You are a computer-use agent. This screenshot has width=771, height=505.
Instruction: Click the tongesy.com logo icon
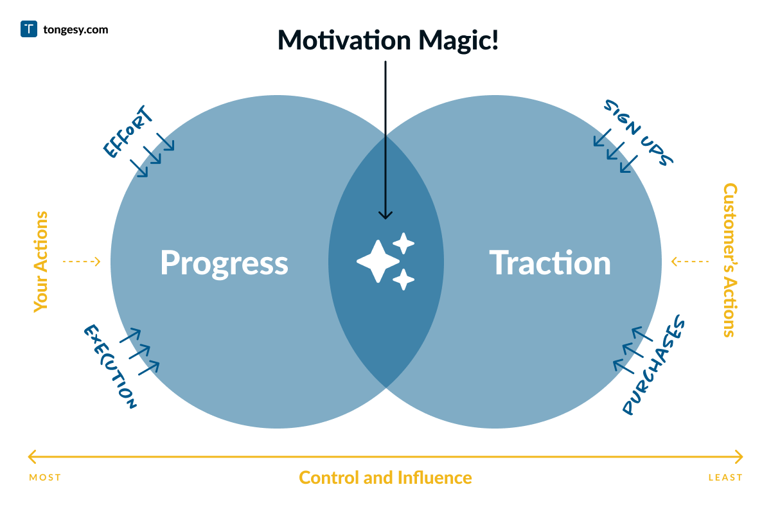point(29,29)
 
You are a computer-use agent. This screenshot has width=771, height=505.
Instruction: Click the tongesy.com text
point(75,30)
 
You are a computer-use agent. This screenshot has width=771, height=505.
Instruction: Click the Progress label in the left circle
point(224,263)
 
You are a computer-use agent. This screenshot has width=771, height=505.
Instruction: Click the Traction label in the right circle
point(550,263)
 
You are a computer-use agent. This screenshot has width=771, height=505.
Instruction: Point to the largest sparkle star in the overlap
point(378,261)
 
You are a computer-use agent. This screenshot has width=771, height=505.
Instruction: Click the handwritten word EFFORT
point(128,132)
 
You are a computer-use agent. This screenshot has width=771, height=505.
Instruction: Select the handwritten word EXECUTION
point(110,367)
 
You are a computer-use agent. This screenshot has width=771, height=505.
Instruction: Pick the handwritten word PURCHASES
point(654,366)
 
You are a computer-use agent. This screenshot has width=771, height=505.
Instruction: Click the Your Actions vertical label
point(41,261)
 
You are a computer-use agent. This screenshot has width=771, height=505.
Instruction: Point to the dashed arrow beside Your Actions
point(82,261)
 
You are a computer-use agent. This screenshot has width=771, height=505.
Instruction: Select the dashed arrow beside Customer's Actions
point(690,261)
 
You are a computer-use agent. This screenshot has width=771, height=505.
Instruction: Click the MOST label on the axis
point(45,477)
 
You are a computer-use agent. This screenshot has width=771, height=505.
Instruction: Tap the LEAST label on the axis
point(725,477)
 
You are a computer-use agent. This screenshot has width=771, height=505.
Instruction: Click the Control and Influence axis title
point(385,478)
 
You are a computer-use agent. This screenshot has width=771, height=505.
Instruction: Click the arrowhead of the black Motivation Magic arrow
point(385,215)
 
